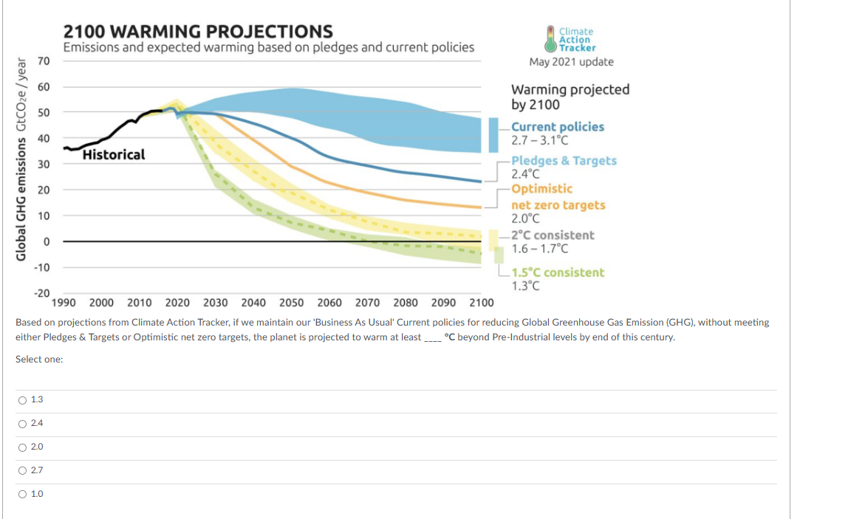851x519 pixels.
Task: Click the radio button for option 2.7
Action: pos(23,470)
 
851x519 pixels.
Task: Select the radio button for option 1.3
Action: pos(23,399)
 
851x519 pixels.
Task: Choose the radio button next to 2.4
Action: pos(23,423)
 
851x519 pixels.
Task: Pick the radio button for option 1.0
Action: pos(23,494)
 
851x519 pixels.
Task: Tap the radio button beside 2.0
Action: pos(23,447)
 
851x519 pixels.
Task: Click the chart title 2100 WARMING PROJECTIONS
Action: pos(198,32)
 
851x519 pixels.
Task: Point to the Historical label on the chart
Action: pos(114,155)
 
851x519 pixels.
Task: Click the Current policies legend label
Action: pos(558,127)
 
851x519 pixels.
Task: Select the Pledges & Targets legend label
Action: pos(564,160)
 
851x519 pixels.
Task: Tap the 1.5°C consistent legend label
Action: pos(558,272)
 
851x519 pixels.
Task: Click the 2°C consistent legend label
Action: pos(553,235)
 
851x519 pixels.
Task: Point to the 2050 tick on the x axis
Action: pos(292,303)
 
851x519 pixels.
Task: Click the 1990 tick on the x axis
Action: pos(64,303)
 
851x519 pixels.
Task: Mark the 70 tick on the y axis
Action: pos(44,61)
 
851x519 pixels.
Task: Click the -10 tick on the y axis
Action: pos(41,267)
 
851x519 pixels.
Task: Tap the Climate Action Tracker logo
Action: pos(570,39)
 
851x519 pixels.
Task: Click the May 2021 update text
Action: pos(571,62)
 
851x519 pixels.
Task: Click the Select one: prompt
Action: pos(39,359)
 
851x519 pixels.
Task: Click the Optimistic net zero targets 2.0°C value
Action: pos(525,219)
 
